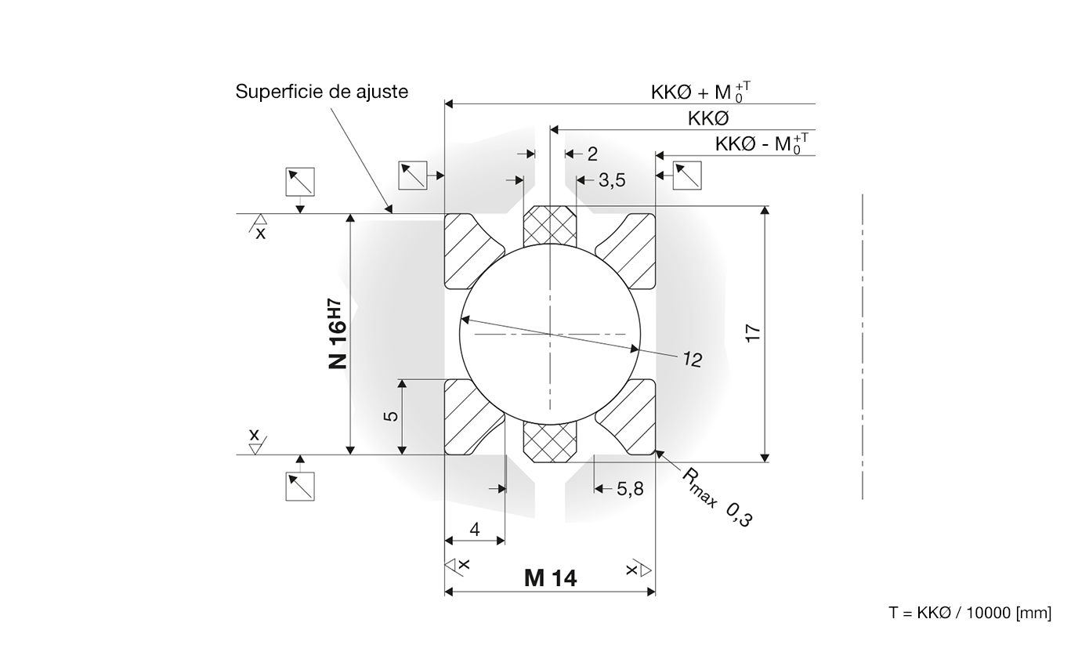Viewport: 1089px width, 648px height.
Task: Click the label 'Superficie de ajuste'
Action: point(322,92)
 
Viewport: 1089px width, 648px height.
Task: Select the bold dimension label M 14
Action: point(550,578)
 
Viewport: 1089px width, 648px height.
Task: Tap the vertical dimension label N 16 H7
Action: point(336,334)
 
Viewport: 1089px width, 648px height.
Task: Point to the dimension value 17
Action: point(753,332)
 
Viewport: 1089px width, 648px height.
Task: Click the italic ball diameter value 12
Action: point(692,360)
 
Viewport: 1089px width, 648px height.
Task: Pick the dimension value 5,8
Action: point(630,489)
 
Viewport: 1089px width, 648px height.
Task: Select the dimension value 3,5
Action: point(612,180)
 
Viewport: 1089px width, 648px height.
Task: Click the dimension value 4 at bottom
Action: point(475,530)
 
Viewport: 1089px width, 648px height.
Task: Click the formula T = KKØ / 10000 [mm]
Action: point(970,613)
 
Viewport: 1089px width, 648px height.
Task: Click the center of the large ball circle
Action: point(550,334)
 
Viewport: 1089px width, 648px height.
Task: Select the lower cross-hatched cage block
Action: point(550,442)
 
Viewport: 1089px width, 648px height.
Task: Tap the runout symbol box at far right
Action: point(687,176)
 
